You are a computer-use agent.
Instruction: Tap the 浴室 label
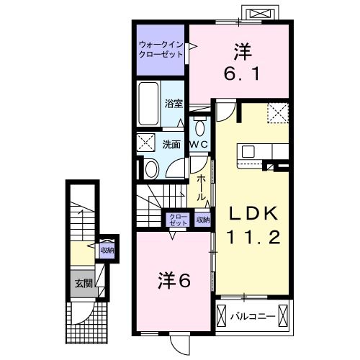coord(173,103)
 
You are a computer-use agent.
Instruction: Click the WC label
coord(199,145)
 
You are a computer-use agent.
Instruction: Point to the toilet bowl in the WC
coord(199,128)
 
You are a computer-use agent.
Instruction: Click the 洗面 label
coord(171,144)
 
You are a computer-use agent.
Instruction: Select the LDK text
coord(253,213)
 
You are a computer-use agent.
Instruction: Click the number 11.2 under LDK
coord(253,237)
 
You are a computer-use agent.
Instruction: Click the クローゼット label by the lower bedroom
coord(176,220)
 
